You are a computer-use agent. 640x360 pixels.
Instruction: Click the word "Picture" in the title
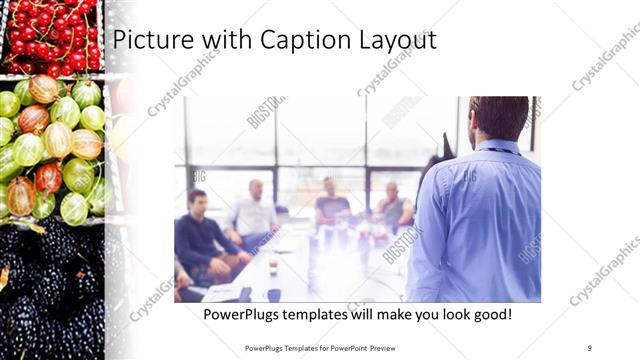(150, 41)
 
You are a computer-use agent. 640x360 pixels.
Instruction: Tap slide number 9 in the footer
(589, 348)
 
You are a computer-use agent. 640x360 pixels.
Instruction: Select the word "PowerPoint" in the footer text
(340, 348)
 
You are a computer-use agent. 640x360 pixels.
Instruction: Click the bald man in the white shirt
(254, 210)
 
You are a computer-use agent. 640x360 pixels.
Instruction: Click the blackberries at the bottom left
(50, 290)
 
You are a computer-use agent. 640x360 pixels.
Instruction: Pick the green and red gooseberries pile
(55, 150)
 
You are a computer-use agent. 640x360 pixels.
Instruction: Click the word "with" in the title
(222, 41)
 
